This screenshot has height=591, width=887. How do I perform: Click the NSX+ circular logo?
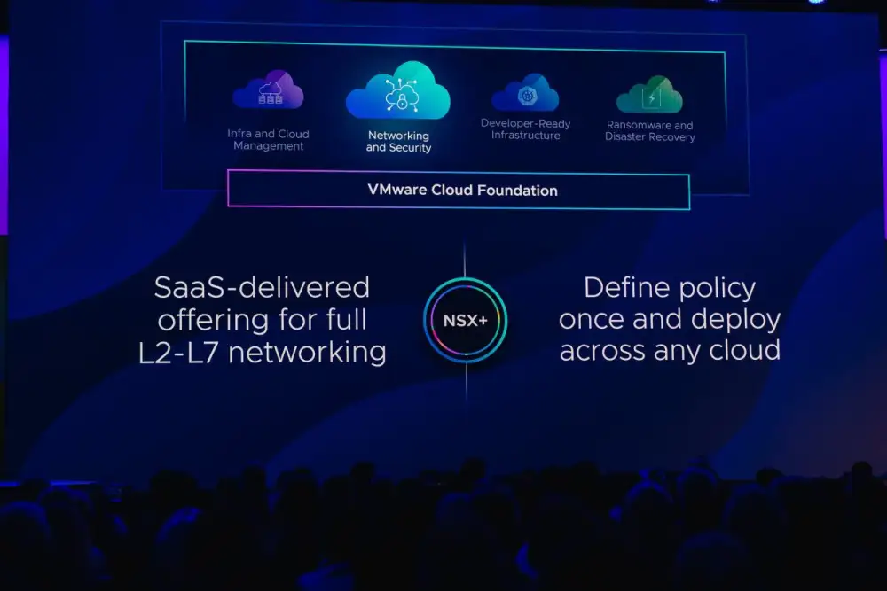tap(465, 321)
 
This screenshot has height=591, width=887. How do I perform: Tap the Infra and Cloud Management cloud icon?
tap(269, 89)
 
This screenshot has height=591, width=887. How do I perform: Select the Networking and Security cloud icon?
tap(398, 90)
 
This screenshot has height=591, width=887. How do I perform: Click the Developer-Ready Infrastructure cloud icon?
tap(525, 93)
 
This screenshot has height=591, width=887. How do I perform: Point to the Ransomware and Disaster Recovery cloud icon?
tap(650, 94)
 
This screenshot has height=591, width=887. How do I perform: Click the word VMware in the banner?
tap(397, 190)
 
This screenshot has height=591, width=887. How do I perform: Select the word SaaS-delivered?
tap(262, 287)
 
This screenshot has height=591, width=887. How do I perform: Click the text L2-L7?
tap(178, 353)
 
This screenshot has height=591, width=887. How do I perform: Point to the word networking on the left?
tap(307, 353)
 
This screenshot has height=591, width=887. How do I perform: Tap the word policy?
tap(718, 289)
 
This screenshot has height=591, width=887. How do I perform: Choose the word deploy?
tap(735, 320)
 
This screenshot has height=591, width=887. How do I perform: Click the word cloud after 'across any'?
tap(744, 350)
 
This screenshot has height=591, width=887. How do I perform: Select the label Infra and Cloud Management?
tap(268, 140)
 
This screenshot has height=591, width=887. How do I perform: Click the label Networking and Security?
tap(399, 141)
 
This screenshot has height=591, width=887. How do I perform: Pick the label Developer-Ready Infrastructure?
tap(525, 129)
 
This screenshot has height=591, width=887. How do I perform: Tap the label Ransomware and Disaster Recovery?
tap(650, 131)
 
